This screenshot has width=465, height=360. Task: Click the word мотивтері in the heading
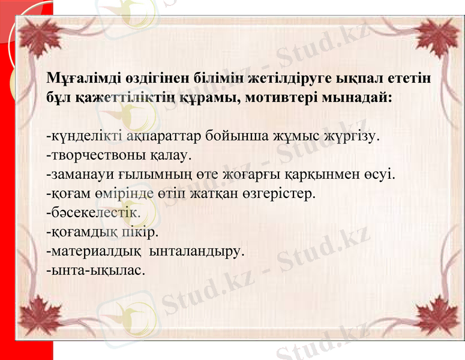point(268,97)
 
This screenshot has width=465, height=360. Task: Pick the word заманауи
point(80,175)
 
